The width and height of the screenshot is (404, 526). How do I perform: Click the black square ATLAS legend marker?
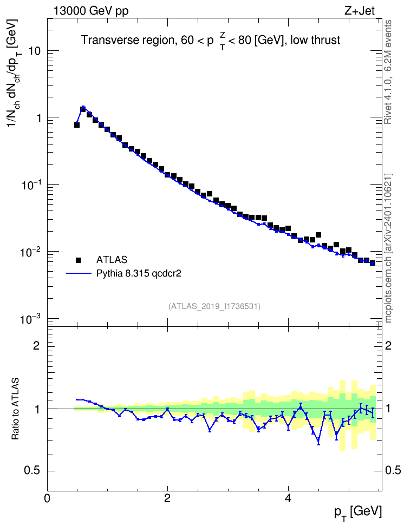[x=79, y=260]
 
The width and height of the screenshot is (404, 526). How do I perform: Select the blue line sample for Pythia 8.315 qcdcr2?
[x=79, y=273]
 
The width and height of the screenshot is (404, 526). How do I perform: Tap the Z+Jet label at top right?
[x=360, y=11]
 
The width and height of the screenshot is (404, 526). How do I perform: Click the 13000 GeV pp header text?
[x=91, y=11]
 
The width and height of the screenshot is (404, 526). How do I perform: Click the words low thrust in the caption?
[x=315, y=40]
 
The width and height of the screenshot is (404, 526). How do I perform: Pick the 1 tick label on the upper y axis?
[x=38, y=118]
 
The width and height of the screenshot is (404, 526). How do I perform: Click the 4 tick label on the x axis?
[x=288, y=498]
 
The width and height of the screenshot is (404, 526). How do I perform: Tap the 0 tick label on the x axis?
[x=47, y=498]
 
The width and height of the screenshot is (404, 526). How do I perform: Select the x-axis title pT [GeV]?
[x=358, y=512]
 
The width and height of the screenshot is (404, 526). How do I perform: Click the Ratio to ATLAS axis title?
[x=15, y=409]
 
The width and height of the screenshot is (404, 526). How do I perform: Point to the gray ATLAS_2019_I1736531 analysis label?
[x=214, y=306]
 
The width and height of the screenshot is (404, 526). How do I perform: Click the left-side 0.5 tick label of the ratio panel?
[x=32, y=471]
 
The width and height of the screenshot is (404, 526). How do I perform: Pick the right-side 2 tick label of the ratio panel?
[x=388, y=345]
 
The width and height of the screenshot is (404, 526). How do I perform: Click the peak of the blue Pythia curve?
[x=83, y=107]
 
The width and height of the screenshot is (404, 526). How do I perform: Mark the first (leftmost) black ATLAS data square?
[x=76, y=125]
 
